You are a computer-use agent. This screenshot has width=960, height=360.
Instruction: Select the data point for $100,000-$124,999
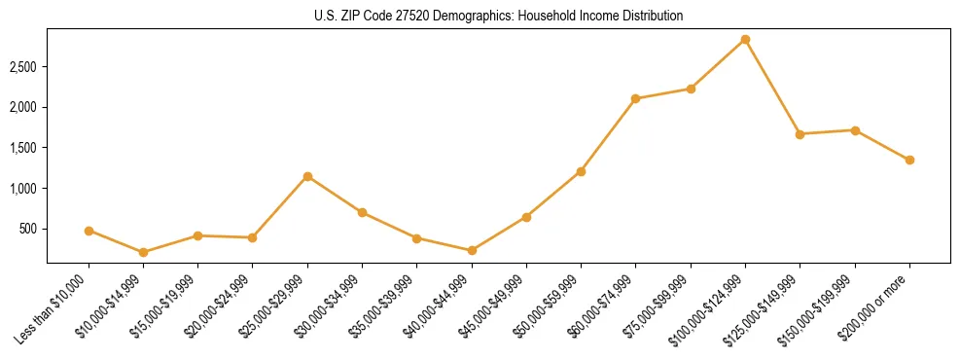(745, 39)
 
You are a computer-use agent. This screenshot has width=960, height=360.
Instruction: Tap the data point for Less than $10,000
(89, 231)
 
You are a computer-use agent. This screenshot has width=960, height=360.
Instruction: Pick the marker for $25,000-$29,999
(307, 176)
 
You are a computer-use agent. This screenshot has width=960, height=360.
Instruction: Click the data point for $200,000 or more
(909, 160)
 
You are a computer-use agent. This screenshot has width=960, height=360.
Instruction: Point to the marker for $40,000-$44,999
(472, 250)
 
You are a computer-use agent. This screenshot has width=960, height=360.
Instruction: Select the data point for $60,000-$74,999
(635, 98)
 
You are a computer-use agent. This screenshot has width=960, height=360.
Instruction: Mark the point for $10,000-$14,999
(143, 252)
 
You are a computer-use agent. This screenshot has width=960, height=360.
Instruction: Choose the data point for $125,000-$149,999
(800, 134)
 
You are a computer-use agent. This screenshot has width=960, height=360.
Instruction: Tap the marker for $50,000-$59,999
(581, 171)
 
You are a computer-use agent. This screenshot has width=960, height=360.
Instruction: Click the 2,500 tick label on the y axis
(23, 66)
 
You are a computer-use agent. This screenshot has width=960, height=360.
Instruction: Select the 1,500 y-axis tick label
(23, 148)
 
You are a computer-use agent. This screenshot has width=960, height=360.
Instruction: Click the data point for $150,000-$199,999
(855, 130)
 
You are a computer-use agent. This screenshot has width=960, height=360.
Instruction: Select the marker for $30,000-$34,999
(362, 212)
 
